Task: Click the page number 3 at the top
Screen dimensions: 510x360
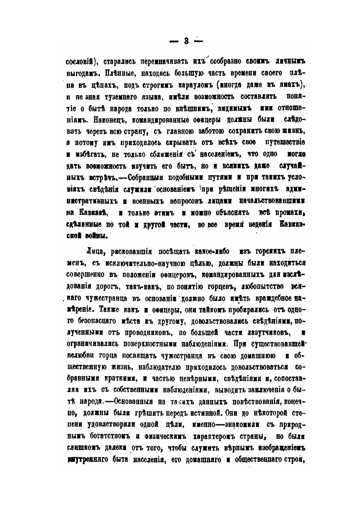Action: [x=186, y=41]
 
